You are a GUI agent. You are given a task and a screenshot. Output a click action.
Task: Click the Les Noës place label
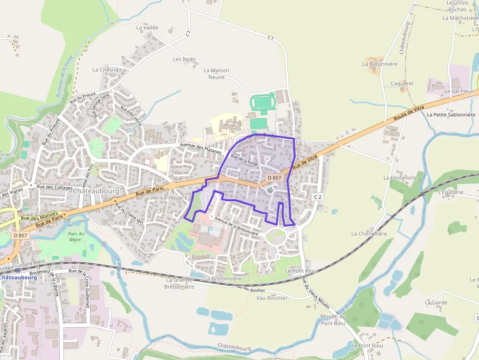tap(184, 59)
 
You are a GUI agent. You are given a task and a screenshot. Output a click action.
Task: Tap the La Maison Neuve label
tap(216, 74)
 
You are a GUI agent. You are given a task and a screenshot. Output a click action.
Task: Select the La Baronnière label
tap(380, 64)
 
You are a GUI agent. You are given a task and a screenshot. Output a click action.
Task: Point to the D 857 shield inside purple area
tap(274, 178)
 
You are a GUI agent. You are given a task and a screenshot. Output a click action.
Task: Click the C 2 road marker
tap(318, 196)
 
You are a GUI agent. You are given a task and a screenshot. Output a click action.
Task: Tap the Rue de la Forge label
tap(244, 161)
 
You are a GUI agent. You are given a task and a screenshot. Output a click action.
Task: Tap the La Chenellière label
tap(369, 234)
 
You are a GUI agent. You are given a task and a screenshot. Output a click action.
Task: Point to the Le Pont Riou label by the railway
tap(301, 271)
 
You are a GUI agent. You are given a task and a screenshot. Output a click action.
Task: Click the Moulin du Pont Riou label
tap(333, 319)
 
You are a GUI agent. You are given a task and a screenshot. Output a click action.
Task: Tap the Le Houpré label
tap(171, 198)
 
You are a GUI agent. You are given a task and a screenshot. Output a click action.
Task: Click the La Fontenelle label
tap(400, 178)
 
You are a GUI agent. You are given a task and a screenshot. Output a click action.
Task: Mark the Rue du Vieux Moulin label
tap(315, 293)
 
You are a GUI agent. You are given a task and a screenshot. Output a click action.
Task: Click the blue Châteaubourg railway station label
tap(18, 277)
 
